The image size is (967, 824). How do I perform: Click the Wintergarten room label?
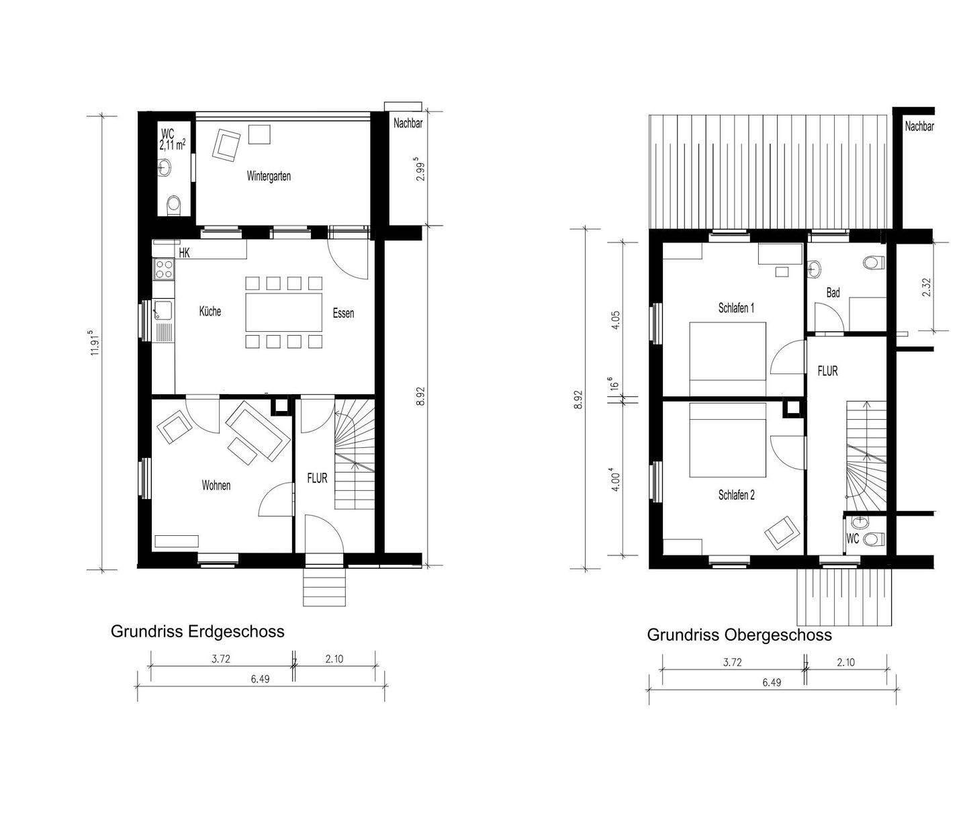269,177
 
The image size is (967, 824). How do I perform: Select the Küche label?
210,312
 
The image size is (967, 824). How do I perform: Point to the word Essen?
342,313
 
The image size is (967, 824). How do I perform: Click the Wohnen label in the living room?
216,485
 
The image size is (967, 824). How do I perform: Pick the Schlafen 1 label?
736,308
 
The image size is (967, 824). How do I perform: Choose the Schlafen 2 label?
736,495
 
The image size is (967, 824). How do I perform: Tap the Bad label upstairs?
833,293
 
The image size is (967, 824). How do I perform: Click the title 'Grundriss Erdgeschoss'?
197,632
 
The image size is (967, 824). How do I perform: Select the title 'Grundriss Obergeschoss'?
739,635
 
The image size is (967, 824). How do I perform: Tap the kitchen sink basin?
162,310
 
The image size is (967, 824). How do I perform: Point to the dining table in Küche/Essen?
283,312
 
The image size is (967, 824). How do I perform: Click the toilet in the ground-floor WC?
174,204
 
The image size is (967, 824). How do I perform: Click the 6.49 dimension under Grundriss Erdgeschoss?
260,679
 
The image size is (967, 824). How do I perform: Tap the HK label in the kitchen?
185,253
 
